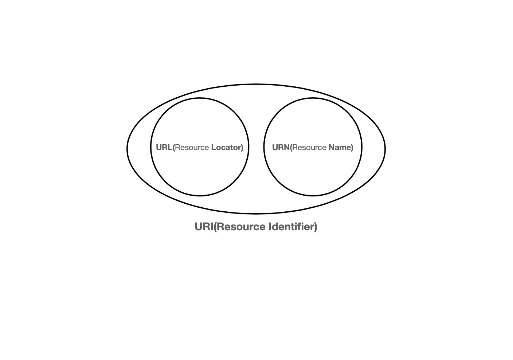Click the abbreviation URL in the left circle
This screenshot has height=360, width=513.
pos(164,148)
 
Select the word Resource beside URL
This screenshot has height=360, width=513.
pos(192,148)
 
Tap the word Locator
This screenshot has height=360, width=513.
pos(226,148)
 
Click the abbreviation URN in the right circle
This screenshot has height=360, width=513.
pos(281,148)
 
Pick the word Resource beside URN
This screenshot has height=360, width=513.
pos(309,148)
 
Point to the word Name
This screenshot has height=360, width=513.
pos(340,148)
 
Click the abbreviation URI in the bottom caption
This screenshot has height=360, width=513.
pos(203,227)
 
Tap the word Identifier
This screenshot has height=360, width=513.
pos(291,227)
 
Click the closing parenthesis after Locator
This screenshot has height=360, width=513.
pos(242,148)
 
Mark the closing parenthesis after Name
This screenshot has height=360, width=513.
pos(352,148)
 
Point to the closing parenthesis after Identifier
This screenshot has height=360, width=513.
pos(316,227)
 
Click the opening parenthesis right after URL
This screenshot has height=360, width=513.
pos(174,148)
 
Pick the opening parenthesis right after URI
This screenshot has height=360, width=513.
pos(215,227)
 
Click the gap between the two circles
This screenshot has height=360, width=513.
pos(256,148)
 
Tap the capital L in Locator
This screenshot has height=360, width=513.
pos(214,148)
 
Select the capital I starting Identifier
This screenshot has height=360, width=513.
pos(270,227)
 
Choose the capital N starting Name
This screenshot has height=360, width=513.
pos(332,148)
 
